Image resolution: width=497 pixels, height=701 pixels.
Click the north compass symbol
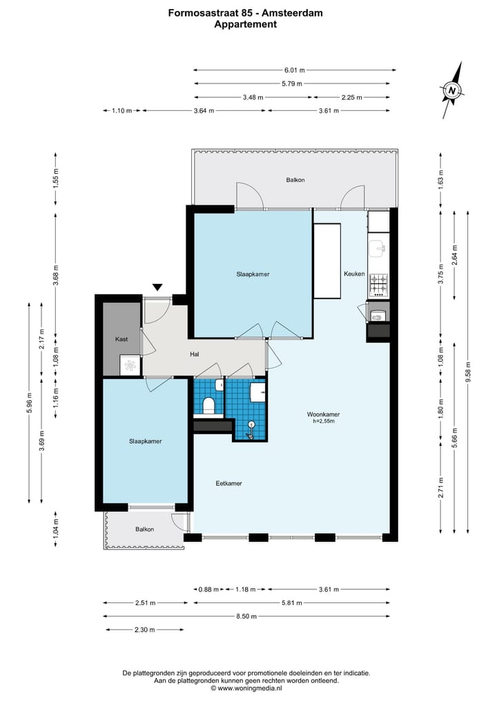point(452,91)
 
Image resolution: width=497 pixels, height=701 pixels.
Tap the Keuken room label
point(354,274)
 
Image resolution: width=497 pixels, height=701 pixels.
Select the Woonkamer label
point(323,414)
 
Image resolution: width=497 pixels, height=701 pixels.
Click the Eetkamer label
point(228,483)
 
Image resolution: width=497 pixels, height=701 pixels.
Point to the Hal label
point(195,354)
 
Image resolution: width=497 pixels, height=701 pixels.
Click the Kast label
point(121,339)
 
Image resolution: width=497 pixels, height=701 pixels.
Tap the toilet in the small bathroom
point(208,406)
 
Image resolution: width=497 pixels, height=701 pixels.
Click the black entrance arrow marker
point(157,287)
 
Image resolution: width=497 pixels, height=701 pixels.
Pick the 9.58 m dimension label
point(468,372)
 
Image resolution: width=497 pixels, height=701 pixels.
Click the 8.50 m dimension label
point(246,616)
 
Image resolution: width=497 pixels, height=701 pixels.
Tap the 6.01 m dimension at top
point(295,70)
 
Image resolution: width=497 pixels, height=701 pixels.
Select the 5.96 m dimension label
point(30,403)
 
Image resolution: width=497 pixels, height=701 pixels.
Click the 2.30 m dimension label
point(145,629)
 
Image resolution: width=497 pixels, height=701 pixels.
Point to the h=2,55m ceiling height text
point(323,421)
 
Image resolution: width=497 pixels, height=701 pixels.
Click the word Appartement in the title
point(245,25)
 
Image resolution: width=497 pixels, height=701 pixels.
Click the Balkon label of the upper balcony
point(295,180)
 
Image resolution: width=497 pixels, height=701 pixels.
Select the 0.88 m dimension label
point(208,589)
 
